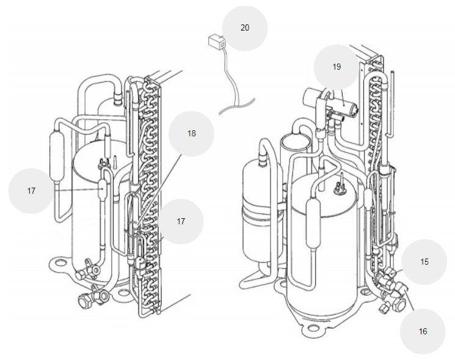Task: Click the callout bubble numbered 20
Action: click(x=245, y=28)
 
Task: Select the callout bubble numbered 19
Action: click(x=337, y=67)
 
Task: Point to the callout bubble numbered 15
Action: click(x=424, y=262)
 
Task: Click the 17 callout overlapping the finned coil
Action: click(x=181, y=221)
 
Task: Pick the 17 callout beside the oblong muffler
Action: click(x=31, y=191)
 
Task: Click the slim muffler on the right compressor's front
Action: click(x=314, y=223)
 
